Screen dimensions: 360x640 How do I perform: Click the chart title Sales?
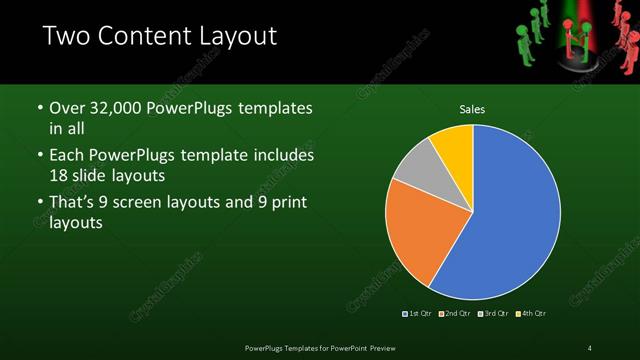tap(471, 110)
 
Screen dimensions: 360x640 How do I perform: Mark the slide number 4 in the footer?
tap(590, 347)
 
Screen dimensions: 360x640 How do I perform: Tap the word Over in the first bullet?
tap(67, 107)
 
